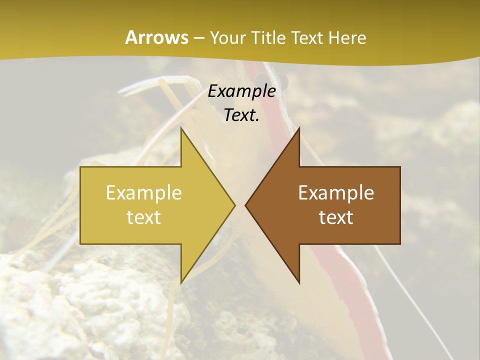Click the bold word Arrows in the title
coord(156,37)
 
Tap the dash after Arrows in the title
coord(198,38)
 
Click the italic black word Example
coord(241,91)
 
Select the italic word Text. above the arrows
coord(241,115)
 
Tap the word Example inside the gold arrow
coord(143,193)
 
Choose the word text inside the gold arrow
coord(143,217)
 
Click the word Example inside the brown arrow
coord(336,193)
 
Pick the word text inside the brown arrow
coord(336,217)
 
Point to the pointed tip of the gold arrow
coord(234,205)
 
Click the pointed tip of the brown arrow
coord(245,205)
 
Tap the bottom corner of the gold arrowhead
coord(181,283)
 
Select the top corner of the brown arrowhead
coord(299,128)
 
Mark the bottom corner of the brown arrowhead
coord(299,283)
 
